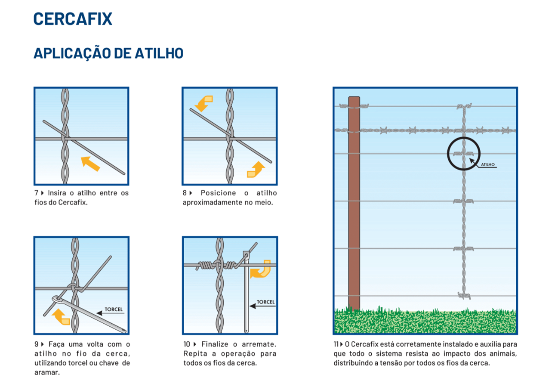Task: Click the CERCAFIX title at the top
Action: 73,19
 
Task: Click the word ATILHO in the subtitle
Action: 159,53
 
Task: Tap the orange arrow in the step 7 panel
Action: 90,164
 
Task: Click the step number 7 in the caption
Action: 37,193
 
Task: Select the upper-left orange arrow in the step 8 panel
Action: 203,103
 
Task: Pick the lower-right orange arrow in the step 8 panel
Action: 256,170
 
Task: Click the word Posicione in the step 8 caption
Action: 218,193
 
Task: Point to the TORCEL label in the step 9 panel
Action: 114,309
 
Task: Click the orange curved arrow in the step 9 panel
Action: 61,316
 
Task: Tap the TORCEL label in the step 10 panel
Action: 265,302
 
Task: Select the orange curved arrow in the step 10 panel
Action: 261,269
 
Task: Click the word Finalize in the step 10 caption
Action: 215,344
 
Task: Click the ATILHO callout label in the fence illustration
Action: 488,164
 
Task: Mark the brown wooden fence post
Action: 354,204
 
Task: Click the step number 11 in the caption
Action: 336,344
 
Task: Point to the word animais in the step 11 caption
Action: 503,353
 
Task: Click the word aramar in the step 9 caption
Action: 47,372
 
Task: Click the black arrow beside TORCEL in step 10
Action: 262,306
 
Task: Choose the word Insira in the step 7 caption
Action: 57,193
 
